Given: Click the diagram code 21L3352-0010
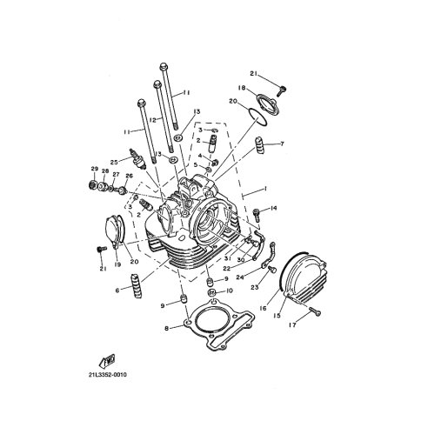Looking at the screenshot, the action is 108,375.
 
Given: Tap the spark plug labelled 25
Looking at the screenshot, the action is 137,159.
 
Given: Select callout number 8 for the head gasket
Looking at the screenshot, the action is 166,329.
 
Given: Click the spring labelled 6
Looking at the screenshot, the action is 137,285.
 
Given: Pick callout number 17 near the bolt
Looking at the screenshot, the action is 292,325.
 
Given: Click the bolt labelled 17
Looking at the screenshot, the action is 315,311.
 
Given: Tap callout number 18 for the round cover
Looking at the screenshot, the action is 242,88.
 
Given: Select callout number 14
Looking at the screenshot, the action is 274,208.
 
